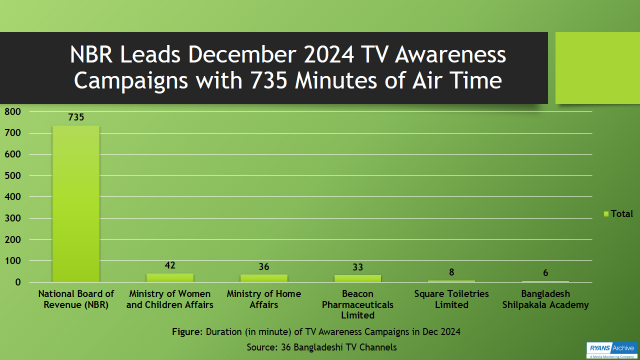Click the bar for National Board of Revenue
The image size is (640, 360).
tap(75, 204)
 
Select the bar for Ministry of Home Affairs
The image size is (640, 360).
tap(263, 278)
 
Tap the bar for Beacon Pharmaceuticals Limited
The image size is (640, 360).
tap(357, 278)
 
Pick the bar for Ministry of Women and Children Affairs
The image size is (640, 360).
tap(169, 277)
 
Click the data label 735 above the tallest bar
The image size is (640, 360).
tap(75, 117)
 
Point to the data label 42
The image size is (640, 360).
tap(169, 265)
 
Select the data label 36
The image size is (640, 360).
tap(263, 267)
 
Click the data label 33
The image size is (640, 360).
tap(357, 267)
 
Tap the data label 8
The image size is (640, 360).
tap(451, 272)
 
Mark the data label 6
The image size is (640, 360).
tap(545, 273)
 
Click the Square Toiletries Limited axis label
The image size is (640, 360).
tap(451, 299)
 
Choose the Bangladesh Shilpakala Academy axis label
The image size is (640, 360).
tap(545, 299)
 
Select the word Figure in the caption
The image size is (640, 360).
tap(187, 330)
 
